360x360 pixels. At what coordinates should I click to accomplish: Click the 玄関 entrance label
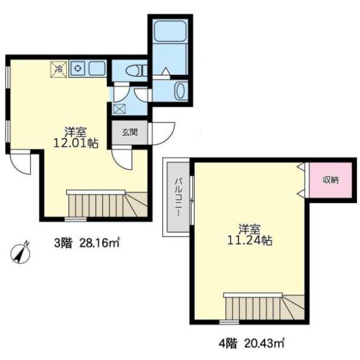pyautogui.click(x=130, y=132)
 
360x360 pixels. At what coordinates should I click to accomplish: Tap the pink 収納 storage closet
pyautogui.click(x=331, y=180)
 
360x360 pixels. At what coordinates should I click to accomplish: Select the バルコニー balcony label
pyautogui.click(x=178, y=197)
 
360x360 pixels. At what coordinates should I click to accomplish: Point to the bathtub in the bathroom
pyautogui.click(x=170, y=31)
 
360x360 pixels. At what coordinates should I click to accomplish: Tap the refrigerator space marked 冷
pyautogui.click(x=59, y=69)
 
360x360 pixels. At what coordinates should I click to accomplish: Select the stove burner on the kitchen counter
pyautogui.click(x=78, y=68)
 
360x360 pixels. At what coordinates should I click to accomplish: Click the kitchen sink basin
pyautogui.click(x=97, y=68)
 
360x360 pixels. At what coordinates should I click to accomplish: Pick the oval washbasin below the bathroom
pyautogui.click(x=181, y=91)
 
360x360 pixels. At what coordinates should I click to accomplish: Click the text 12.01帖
pyautogui.click(x=76, y=143)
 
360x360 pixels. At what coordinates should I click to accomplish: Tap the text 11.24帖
pyautogui.click(x=250, y=241)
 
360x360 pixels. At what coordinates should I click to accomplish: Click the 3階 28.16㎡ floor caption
pyautogui.click(x=87, y=243)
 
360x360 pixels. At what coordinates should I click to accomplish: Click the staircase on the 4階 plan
pyautogui.click(x=264, y=306)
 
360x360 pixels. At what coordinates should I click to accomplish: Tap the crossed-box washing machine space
pyautogui.click(x=119, y=109)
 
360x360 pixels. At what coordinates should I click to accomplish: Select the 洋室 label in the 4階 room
pyautogui.click(x=250, y=230)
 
